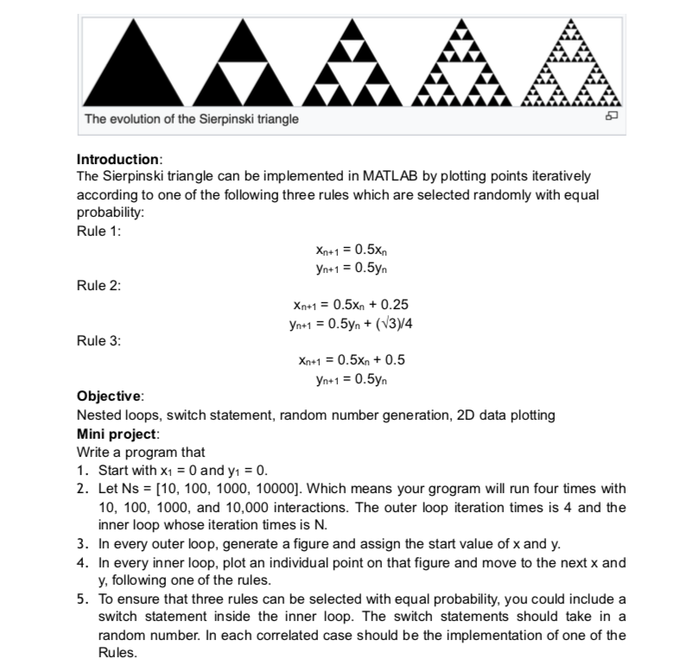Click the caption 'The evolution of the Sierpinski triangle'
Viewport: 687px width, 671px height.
pos(191,118)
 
